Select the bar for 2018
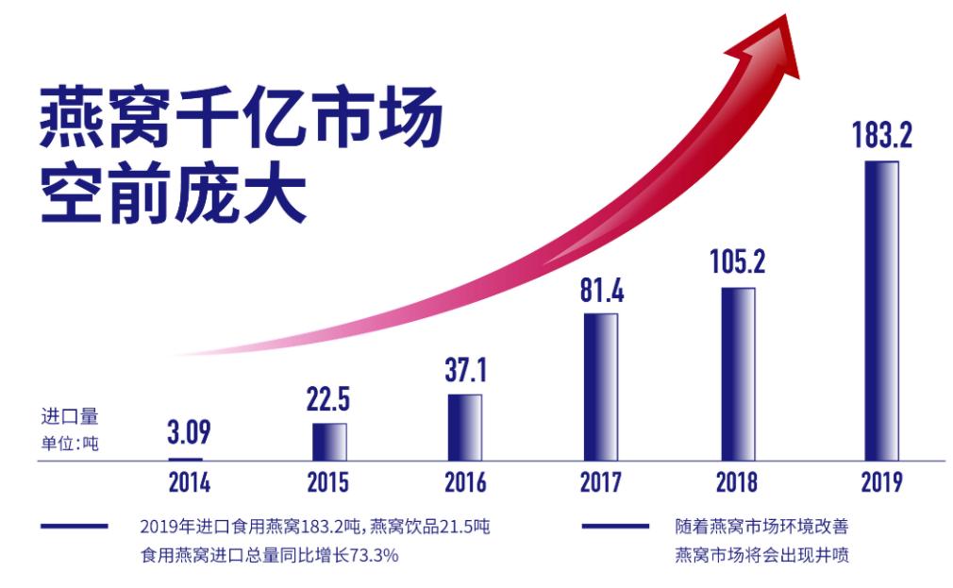click(x=738, y=373)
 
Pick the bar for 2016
click(x=464, y=426)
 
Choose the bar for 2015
click(x=329, y=440)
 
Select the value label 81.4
click(x=601, y=290)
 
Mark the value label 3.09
click(x=189, y=433)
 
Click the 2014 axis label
click(x=190, y=482)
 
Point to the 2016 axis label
click(x=465, y=482)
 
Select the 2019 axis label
click(x=881, y=482)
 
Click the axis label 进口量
click(x=69, y=415)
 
